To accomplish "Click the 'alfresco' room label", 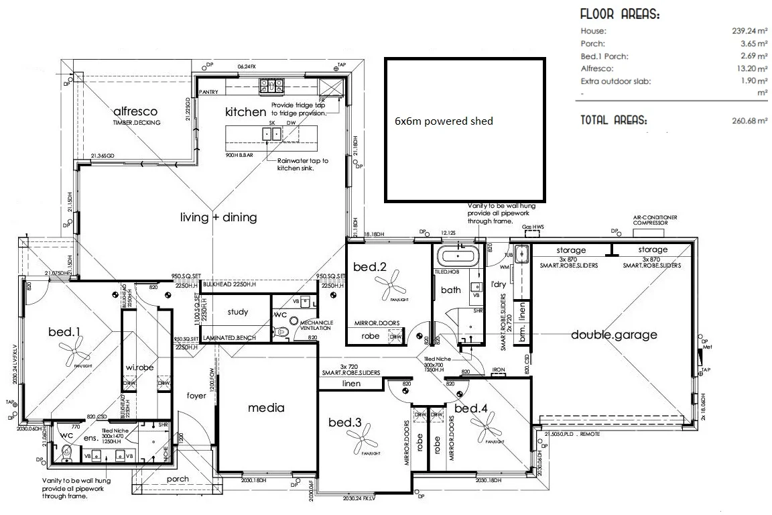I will (135, 111).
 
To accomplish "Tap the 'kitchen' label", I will (245, 112).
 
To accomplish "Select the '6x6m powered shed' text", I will (444, 121).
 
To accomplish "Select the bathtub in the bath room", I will (456, 256).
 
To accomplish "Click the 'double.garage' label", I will (614, 335).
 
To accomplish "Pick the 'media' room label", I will (266, 408).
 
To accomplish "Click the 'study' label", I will (237, 312).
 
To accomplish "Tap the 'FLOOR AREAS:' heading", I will (619, 14).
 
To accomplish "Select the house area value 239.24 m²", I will (749, 31).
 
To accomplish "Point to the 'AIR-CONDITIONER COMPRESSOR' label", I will (655, 220).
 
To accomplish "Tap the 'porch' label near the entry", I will (178, 479).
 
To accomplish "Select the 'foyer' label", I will (196, 396).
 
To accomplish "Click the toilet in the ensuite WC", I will (66, 454).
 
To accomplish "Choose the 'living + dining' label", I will (218, 218).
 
